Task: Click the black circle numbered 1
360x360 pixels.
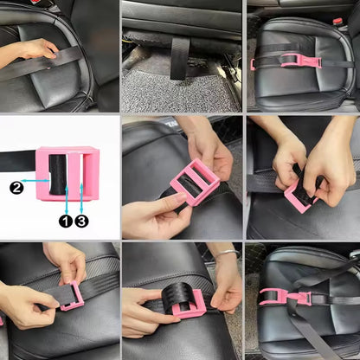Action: coord(65,221)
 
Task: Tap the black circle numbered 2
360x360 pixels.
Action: coord(16,187)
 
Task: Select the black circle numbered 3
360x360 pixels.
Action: coord(80,221)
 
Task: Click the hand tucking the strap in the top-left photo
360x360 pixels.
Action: coord(31,50)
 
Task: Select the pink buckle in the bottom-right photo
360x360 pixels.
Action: coord(286,297)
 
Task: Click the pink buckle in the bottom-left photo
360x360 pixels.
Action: coord(72,293)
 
